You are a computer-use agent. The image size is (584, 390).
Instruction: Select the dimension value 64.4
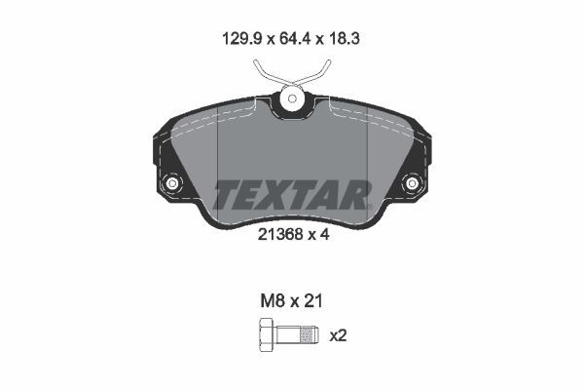[x=291, y=40]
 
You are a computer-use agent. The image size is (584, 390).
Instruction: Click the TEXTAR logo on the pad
[x=291, y=194]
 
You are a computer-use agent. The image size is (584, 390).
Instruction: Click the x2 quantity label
[x=339, y=336]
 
